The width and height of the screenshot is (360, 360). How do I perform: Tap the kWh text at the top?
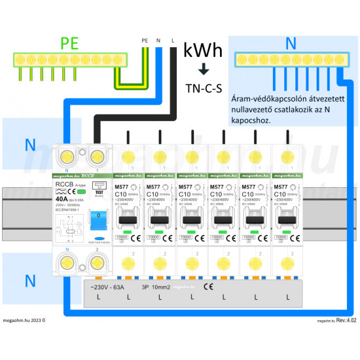tap(202, 50)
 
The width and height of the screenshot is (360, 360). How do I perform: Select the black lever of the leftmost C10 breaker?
tap(129, 220)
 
